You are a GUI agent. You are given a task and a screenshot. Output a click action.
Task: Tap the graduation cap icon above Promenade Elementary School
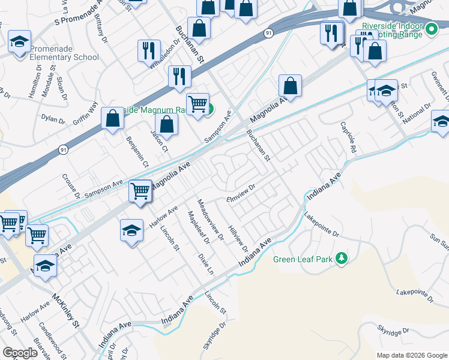pos(19,42)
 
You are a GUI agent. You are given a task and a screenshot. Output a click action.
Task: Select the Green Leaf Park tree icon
pos(342,258)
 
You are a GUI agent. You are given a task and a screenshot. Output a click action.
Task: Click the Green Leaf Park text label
pos(304,259)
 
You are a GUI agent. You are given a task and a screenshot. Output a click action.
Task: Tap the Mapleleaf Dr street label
pos(198,228)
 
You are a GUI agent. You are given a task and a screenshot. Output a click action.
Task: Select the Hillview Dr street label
pos(238,238)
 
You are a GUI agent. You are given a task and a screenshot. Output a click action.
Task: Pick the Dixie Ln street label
pos(206,263)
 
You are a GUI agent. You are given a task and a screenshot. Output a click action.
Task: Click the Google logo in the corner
pos(20,353)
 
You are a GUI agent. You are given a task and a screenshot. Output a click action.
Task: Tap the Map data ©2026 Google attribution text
pos(411,355)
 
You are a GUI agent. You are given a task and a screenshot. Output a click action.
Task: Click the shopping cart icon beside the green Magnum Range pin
pos(197,104)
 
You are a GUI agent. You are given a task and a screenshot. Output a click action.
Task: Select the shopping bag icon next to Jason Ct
pos(167,125)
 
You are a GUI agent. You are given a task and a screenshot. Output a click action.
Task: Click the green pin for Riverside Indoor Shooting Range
pos(431,28)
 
